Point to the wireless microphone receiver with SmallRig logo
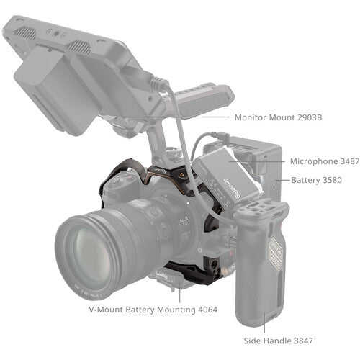pyautogui.click(x=229, y=173)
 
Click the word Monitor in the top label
pyautogui.click(x=253, y=117)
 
